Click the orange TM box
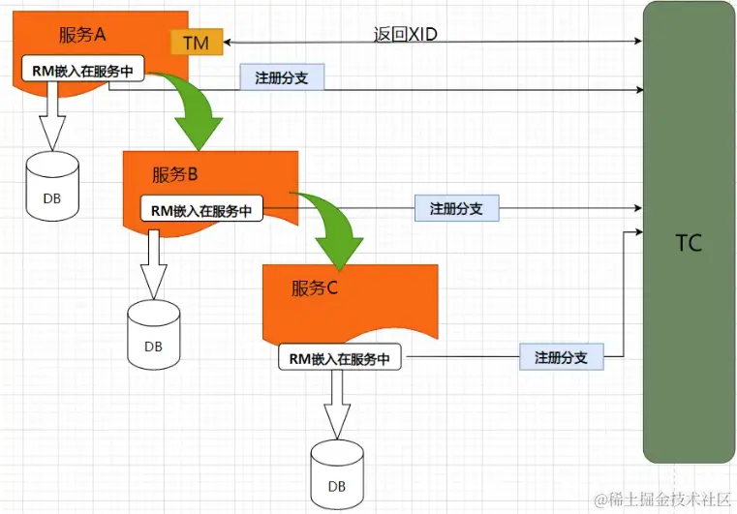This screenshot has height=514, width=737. point(196,43)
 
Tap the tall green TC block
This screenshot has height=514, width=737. point(689,232)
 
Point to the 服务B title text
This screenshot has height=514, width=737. point(175,174)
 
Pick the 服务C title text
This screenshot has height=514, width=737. point(315,287)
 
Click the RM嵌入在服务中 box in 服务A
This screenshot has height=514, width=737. point(82,70)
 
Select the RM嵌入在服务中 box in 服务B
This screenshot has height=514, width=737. point(201,209)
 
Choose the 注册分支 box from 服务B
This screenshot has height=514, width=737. point(456,208)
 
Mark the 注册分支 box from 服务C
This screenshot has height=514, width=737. point(561,357)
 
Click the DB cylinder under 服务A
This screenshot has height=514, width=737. point(50,186)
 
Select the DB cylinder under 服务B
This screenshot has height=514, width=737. point(153,334)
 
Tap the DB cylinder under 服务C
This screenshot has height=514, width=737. point(337,473)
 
